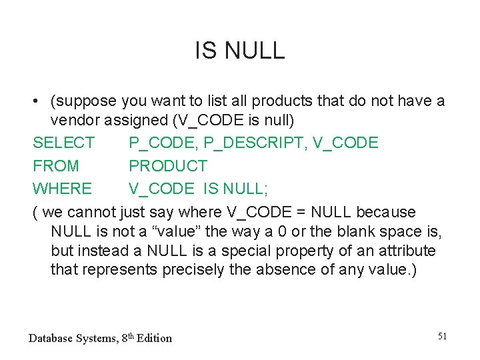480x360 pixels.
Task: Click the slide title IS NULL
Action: [x=240, y=50]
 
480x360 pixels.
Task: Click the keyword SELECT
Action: [x=64, y=143]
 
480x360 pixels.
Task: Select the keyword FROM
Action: [x=56, y=165]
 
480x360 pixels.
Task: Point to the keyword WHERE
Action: [x=63, y=189]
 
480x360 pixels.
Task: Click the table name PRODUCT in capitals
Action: [x=168, y=165]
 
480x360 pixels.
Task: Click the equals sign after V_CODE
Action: [x=299, y=212]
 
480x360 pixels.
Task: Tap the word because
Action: [x=386, y=212]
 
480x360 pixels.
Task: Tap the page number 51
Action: [x=442, y=336]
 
